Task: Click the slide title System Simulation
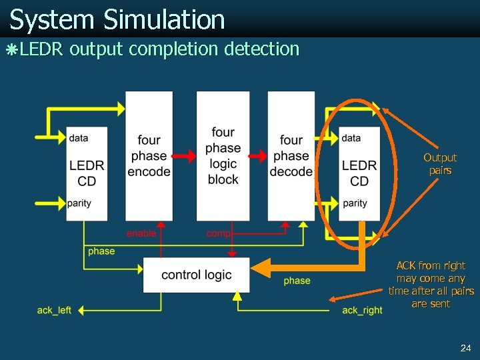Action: coord(117,19)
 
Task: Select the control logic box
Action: coord(197,275)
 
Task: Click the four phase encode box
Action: coord(149,156)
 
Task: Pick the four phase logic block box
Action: coord(223,156)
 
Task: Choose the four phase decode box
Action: coord(291,156)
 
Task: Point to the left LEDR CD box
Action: coord(87,173)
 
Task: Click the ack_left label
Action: coord(54,310)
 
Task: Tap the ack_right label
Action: coord(362,310)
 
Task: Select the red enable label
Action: coord(141,233)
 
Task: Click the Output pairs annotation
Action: coord(440,164)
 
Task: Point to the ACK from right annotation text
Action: coord(431,285)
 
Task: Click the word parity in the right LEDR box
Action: coord(355,203)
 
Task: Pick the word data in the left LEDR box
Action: coord(78,138)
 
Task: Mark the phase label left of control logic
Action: coord(101,251)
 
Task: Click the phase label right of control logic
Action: coord(297,281)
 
